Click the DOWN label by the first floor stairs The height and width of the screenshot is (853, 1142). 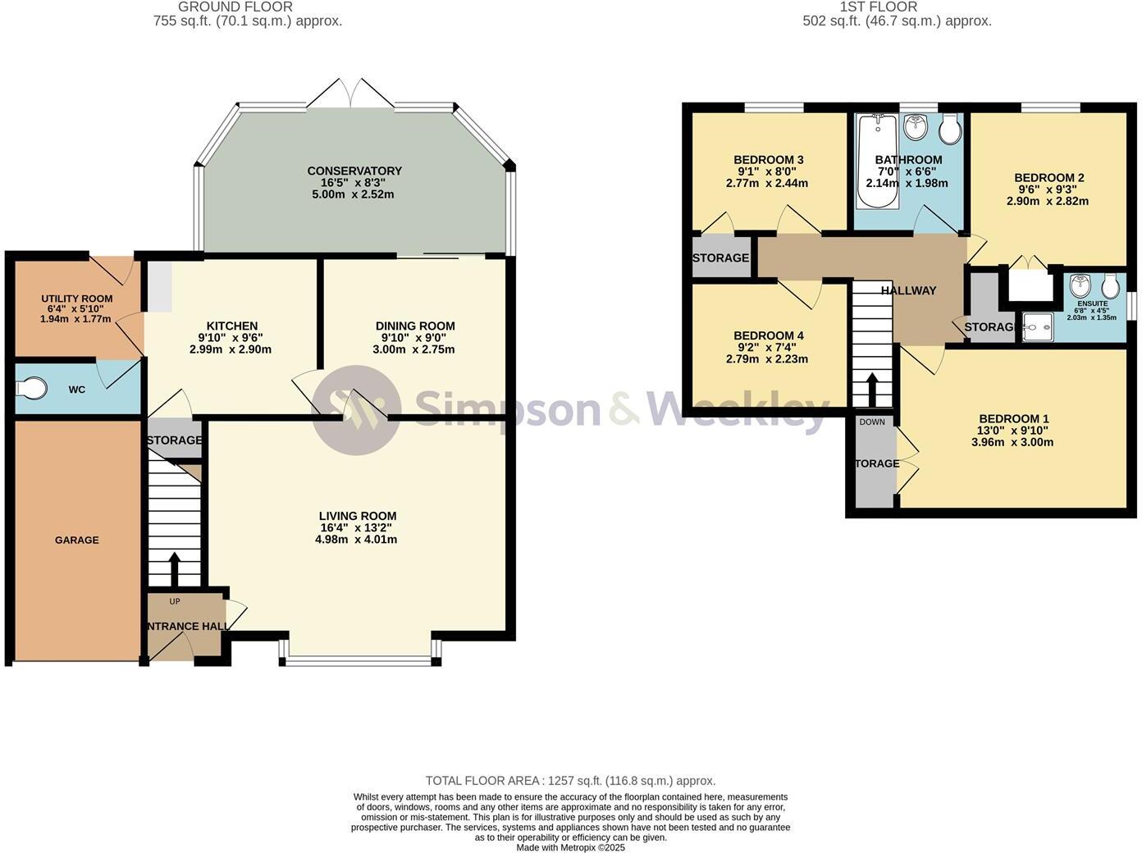pos(872,422)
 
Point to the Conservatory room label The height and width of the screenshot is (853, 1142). pos(354,171)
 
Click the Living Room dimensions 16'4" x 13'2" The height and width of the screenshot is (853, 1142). pos(358,528)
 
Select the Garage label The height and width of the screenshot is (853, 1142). pos(77,540)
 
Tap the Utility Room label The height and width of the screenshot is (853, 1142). pos(77,299)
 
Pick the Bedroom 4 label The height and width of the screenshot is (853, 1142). pos(768,335)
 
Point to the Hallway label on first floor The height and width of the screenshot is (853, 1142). pos(908,290)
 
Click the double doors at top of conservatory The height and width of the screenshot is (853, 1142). pos(351,93)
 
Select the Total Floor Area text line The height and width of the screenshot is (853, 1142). pos(570,781)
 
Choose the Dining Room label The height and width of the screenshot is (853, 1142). pos(415,326)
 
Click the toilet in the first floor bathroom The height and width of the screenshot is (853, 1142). pos(951,130)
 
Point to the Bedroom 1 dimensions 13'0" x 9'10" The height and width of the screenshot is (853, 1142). pos(1013,431)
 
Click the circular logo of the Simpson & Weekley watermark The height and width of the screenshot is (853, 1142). pos(356,410)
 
